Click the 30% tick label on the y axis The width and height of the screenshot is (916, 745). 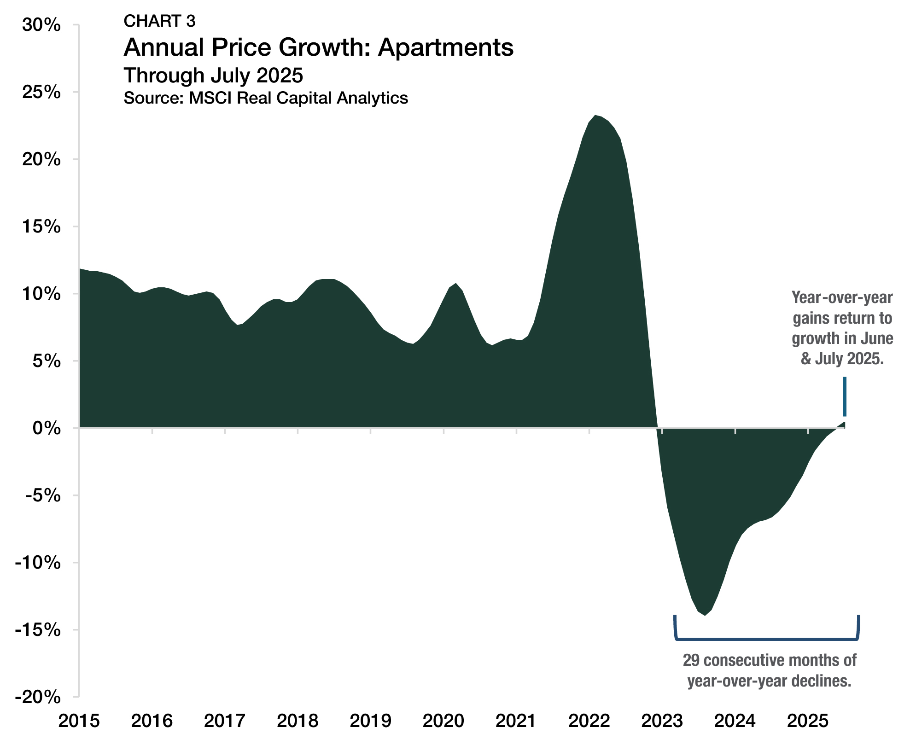(x=41, y=25)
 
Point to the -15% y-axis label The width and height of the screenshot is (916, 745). (x=38, y=630)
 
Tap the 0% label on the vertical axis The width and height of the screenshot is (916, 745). (x=47, y=429)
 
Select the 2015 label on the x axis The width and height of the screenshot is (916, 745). (x=79, y=721)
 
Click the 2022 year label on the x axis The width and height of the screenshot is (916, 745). (x=589, y=721)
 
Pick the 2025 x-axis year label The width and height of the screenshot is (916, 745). (x=808, y=721)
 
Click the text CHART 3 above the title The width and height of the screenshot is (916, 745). (x=159, y=21)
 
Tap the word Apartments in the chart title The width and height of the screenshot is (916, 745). (x=445, y=47)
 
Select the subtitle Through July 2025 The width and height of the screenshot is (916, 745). (x=213, y=75)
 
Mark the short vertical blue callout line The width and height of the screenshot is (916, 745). (x=845, y=396)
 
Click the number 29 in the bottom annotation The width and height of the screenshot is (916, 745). (x=691, y=660)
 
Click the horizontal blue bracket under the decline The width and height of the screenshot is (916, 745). (x=767, y=639)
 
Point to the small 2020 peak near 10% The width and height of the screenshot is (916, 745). (x=455, y=284)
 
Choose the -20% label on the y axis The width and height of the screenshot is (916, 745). (x=38, y=697)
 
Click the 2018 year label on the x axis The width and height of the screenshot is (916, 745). (x=298, y=721)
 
